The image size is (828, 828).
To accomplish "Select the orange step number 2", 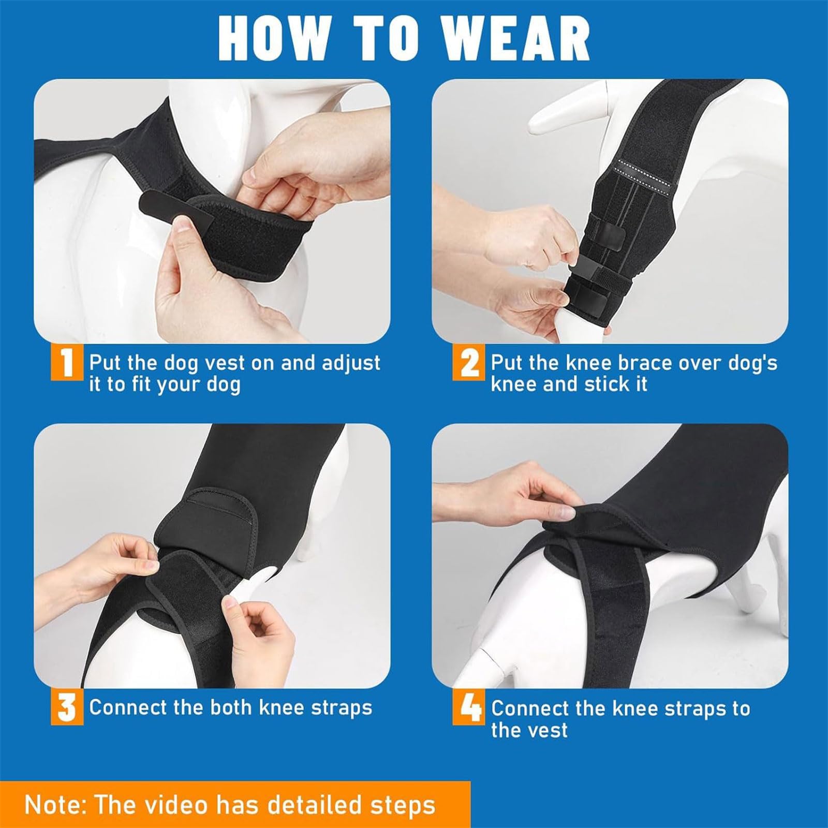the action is click(468, 364).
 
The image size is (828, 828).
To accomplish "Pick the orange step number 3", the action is click(67, 708).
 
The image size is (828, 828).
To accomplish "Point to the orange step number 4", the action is click(469, 708).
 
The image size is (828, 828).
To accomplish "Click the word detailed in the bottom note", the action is click(309, 805).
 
